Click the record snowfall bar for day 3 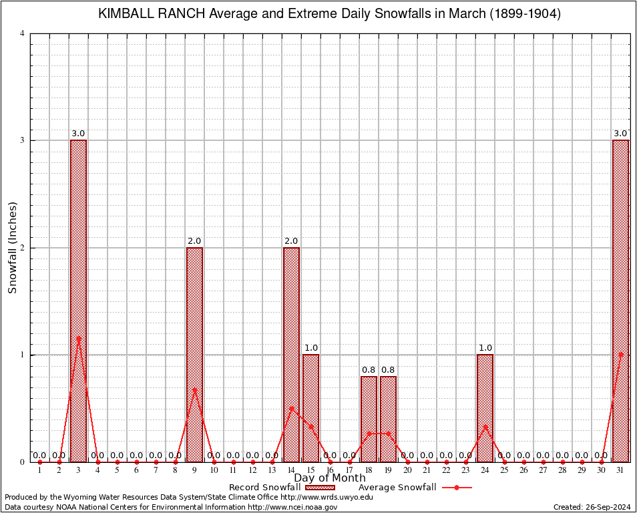pyautogui.click(x=78, y=301)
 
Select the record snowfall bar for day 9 pyautogui.click(x=194, y=354)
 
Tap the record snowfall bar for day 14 pyautogui.click(x=291, y=354)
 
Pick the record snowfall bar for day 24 pyautogui.click(x=485, y=407)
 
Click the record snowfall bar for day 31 pyautogui.click(x=620, y=301)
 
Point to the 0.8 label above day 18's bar pyautogui.click(x=369, y=369)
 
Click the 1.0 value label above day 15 pyautogui.click(x=310, y=348)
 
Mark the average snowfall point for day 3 pyautogui.click(x=78, y=338)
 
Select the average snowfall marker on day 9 pyautogui.click(x=194, y=389)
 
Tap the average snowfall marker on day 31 pyautogui.click(x=620, y=354)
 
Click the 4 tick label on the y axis pyautogui.click(x=23, y=33)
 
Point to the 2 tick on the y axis pyautogui.click(x=23, y=248)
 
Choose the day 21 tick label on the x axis pyautogui.click(x=427, y=471)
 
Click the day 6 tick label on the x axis pyautogui.click(x=136, y=471)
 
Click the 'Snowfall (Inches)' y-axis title pyautogui.click(x=12, y=248)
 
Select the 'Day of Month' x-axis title pyautogui.click(x=330, y=478)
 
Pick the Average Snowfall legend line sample pyautogui.click(x=457, y=488)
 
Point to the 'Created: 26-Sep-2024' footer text pyautogui.click(x=592, y=507)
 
